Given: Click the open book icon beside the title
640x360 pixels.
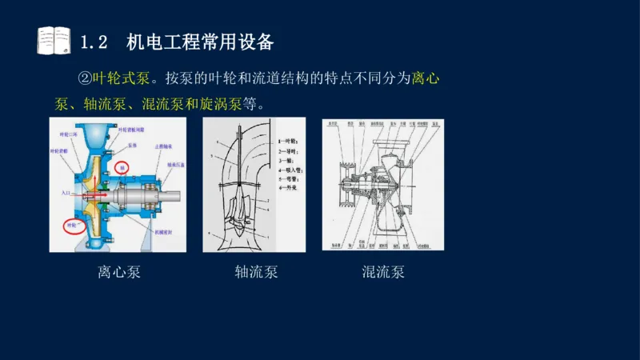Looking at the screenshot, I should (54, 40).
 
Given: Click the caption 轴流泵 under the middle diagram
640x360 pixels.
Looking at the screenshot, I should (256, 272).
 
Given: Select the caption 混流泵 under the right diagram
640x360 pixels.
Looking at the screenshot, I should (383, 272).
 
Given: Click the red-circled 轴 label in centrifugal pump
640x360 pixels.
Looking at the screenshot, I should (122, 168).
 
